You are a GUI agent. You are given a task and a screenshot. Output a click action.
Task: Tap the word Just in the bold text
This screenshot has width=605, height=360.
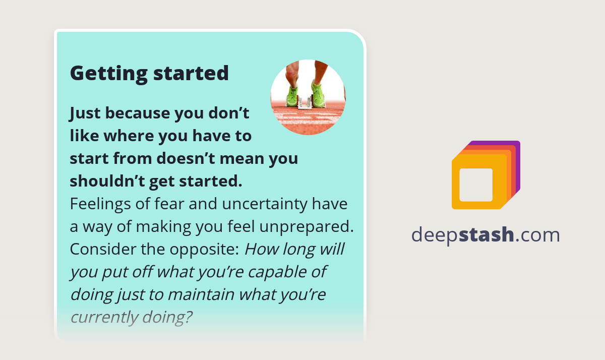click(85, 113)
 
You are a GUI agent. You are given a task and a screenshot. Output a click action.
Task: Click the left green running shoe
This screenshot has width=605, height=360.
click(292, 96)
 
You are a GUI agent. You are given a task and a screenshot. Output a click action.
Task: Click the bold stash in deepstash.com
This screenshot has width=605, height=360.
click(487, 235)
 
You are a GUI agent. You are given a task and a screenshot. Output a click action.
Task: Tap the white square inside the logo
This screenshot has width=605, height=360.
click(476, 185)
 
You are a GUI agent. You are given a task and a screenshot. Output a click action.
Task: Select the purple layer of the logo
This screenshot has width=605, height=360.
click(517, 151)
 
